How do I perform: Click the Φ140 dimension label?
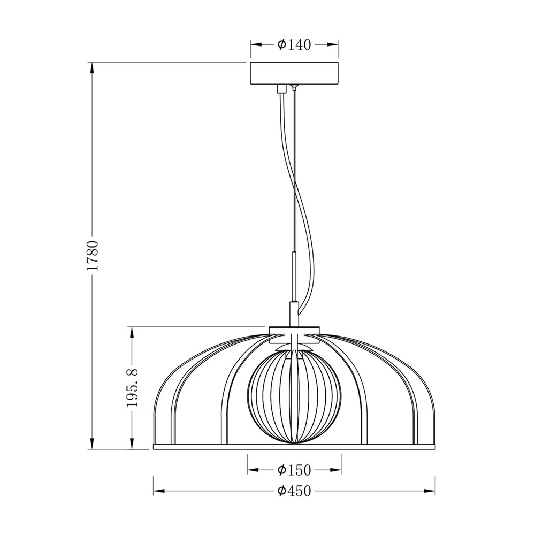click(294, 45)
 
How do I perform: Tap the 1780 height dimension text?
click(93, 256)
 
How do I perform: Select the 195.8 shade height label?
click(132, 387)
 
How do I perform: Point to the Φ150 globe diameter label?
click(294, 470)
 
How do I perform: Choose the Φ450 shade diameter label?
click(294, 491)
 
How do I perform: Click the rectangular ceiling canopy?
click(294, 73)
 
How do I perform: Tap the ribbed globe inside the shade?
click(294, 398)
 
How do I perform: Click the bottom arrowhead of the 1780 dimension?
click(91, 444)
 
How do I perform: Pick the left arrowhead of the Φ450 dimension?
click(159, 491)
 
